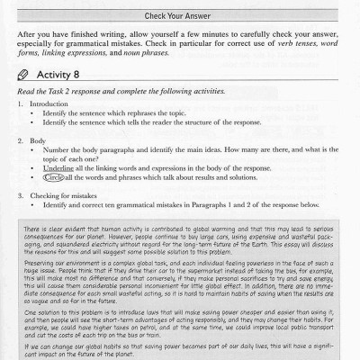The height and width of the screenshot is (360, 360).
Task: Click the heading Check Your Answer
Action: (x=179, y=15)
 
